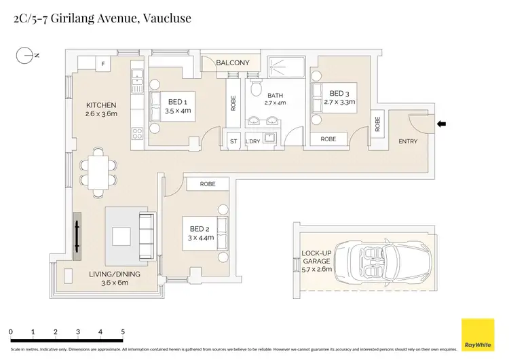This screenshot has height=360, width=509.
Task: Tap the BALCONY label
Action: tap(233, 63)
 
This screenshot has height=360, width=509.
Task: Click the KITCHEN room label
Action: tap(102, 105)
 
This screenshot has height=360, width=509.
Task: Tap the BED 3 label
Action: tap(340, 93)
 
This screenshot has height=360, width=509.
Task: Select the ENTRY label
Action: tap(408, 141)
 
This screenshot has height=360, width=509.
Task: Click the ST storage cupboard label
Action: tap(233, 141)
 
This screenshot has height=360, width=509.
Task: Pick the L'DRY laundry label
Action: tap(253, 141)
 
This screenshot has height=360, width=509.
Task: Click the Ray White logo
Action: tap(478, 335)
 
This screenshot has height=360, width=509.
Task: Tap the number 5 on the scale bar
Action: tap(123, 331)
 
